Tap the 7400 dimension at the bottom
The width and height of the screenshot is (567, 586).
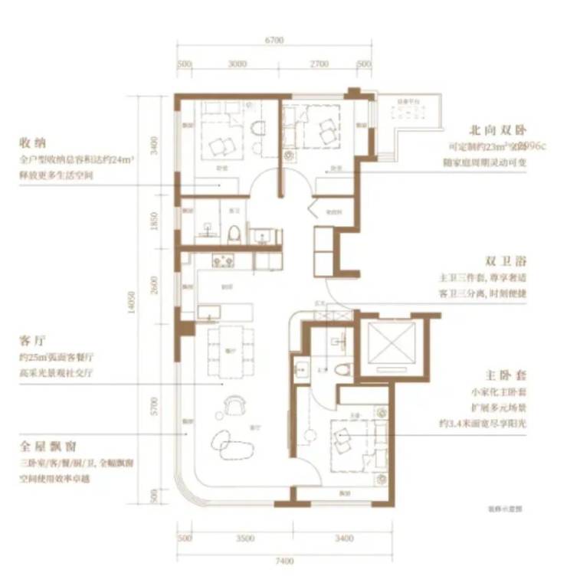tap(285, 561)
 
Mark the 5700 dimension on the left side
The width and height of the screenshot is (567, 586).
tap(155, 404)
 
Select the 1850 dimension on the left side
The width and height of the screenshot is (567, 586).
tap(155, 221)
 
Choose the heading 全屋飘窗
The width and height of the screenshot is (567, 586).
tap(47, 445)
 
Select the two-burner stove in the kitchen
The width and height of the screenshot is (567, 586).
tap(223, 260)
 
